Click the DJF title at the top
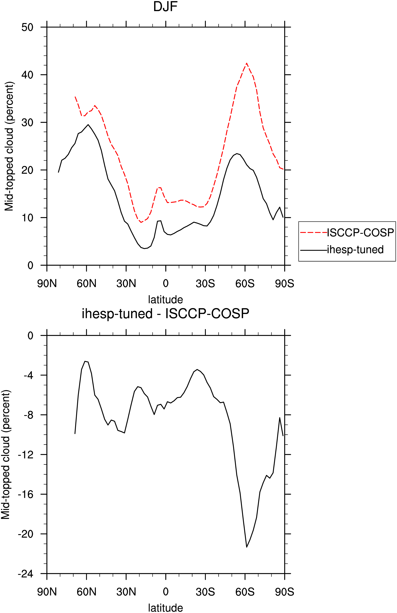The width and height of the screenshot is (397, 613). [165, 7]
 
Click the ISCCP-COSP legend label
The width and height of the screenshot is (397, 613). [360, 232]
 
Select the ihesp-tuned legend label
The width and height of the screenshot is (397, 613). [355, 250]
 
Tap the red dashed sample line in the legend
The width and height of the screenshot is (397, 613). [314, 232]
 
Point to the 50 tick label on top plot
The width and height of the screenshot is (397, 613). [27, 27]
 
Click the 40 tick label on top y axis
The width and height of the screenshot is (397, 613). [27, 75]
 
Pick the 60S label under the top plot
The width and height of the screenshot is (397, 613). [245, 284]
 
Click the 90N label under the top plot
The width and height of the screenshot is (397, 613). [47, 284]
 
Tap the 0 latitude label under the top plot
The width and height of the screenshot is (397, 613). [166, 284]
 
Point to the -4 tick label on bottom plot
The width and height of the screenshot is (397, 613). [29, 375]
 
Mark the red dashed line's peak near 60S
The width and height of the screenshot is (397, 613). [247, 63]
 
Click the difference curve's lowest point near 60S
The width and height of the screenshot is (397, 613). [247, 547]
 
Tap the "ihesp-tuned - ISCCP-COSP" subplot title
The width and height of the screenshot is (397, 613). [165, 314]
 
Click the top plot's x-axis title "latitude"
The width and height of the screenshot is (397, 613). [165, 299]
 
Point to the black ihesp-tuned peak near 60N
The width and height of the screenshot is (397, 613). [88, 125]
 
